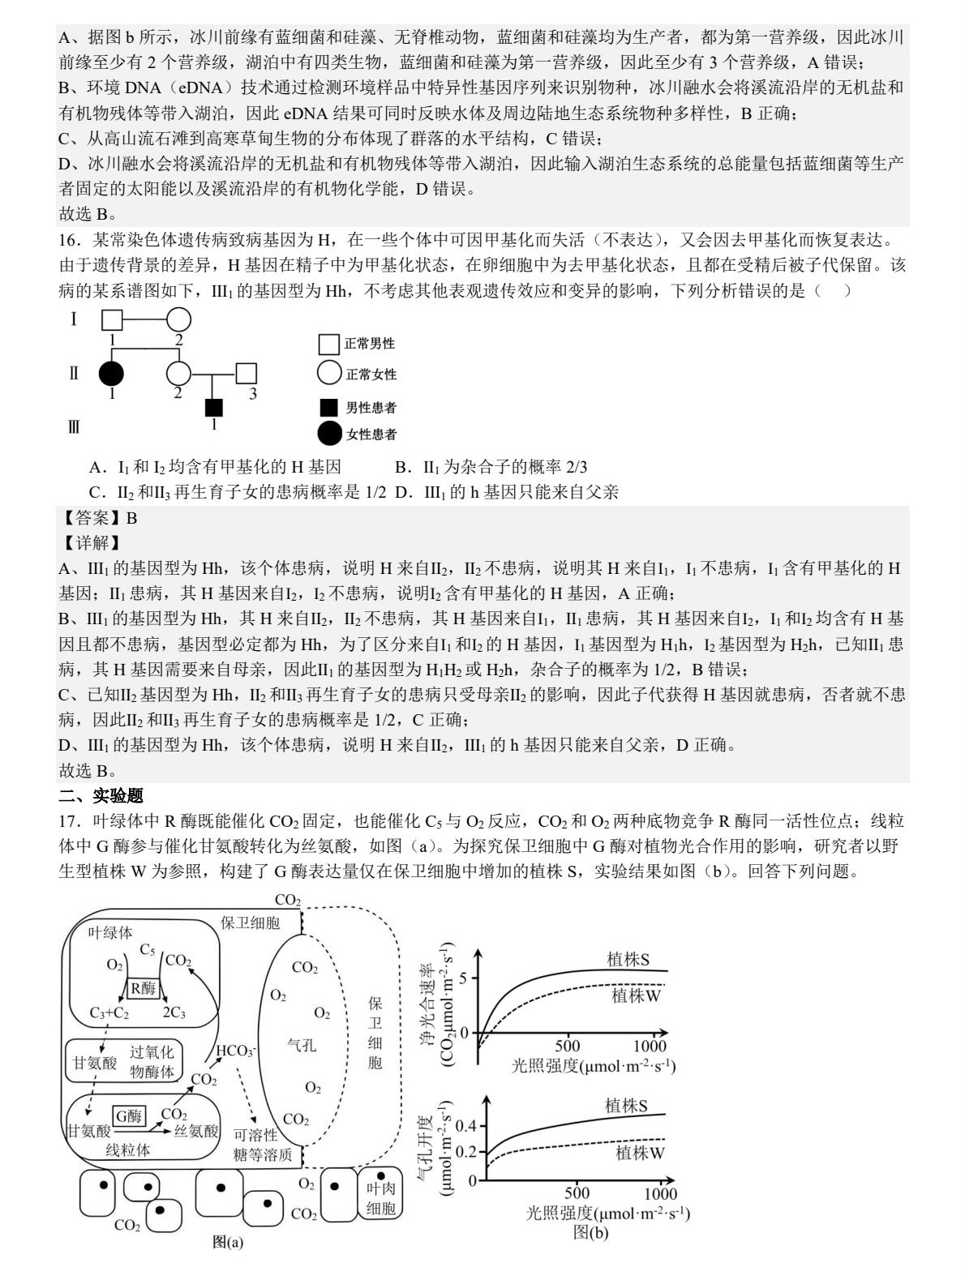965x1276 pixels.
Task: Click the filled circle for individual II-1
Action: click(x=112, y=374)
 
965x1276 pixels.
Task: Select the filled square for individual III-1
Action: click(x=213, y=408)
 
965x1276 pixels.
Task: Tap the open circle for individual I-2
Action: click(x=178, y=321)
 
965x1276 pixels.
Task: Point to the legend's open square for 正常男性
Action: click(x=328, y=345)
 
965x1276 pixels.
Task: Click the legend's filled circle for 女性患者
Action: click(x=329, y=434)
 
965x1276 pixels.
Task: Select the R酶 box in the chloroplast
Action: click(x=144, y=987)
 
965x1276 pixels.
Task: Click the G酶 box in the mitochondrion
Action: click(x=128, y=1115)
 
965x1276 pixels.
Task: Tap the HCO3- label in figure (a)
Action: click(x=235, y=1051)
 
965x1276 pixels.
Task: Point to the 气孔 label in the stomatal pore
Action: click(x=302, y=1045)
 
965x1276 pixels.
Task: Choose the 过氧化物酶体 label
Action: click(x=152, y=1062)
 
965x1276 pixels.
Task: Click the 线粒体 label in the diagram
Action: click(x=128, y=1150)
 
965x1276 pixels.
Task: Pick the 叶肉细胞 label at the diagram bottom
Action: click(x=380, y=1199)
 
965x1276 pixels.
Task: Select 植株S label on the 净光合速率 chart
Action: click(x=628, y=960)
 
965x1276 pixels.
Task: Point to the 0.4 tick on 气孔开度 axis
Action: click(x=465, y=1126)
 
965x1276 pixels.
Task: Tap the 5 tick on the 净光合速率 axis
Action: click(x=463, y=978)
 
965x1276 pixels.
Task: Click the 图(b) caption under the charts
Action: click(x=590, y=1233)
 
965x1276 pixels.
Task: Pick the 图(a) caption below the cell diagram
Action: click(x=228, y=1242)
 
